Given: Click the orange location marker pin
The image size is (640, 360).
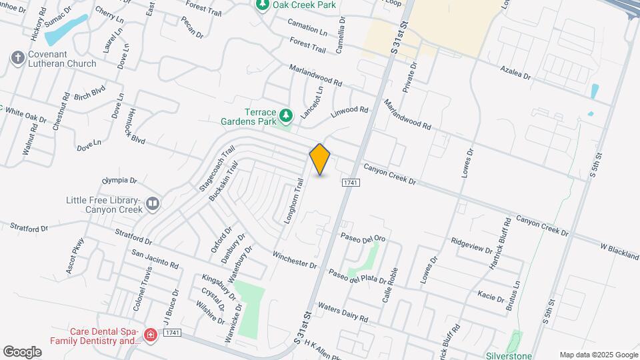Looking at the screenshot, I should pos(320,159).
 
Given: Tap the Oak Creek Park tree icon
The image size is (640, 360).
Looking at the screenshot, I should pos(263,5).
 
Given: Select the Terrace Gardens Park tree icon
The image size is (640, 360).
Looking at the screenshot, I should pos(286,116).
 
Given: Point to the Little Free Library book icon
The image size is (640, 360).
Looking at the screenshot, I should pos(153,203).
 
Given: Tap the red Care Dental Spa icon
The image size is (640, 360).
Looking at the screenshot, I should pos(151,335).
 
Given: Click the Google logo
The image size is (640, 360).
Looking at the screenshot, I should pos(22,352).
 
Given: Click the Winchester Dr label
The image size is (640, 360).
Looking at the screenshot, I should pos(294,259).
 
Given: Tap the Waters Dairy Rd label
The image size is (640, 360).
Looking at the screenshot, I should pos(343,313).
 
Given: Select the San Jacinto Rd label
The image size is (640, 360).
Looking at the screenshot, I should pos(155,259).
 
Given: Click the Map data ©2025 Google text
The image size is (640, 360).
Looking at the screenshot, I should pos(598,355).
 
